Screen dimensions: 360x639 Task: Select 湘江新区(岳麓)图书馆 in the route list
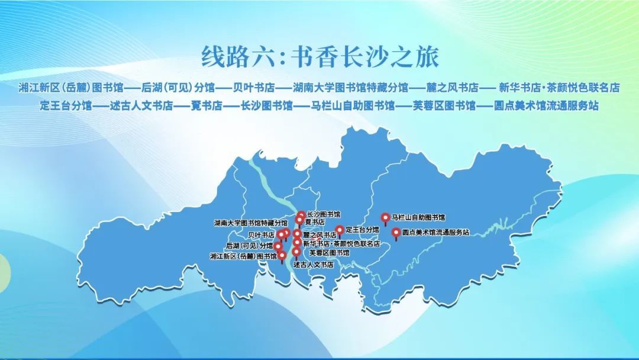coord(70,88)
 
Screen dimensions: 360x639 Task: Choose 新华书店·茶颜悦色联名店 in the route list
coord(559,88)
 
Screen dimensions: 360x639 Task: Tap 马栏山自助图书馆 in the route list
coord(352,107)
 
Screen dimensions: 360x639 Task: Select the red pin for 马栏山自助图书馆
coord(385,218)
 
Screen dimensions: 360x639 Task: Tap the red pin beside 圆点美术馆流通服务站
coord(396,233)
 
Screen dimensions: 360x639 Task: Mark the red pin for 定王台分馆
coord(339,231)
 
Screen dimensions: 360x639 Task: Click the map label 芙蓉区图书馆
coord(330,253)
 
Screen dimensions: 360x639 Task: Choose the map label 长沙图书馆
coord(324,214)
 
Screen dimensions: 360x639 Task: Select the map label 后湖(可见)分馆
coord(249,245)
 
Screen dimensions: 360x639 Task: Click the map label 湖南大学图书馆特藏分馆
coord(250,223)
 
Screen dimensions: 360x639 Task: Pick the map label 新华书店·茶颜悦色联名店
coord(341,243)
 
